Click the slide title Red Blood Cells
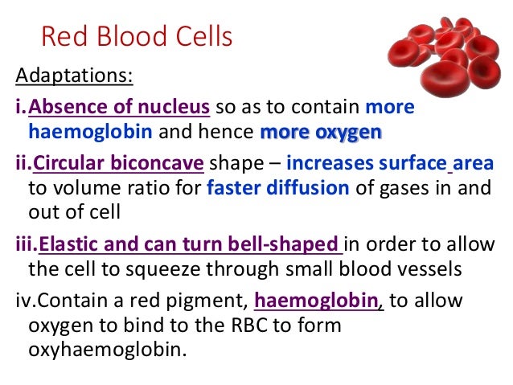(136, 36)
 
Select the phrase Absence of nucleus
(120, 107)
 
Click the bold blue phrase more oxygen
(321, 130)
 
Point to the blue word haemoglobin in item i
(79, 130)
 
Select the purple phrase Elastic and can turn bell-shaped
(190, 244)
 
